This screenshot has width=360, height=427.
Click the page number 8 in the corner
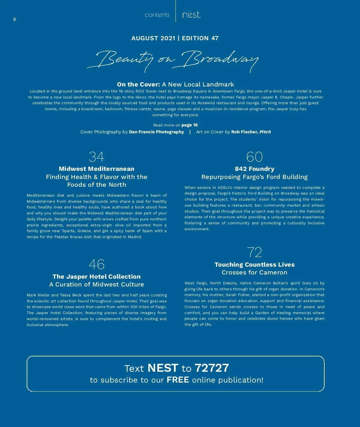(14, 20)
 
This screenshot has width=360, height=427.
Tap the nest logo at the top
(191, 15)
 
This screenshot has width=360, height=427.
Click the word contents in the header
(157, 15)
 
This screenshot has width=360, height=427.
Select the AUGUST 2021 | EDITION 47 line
(175, 38)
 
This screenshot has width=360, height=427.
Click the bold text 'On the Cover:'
(138, 84)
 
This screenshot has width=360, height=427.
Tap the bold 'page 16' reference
(190, 125)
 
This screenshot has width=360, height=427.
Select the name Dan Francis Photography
(156, 132)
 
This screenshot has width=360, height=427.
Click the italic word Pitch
(265, 132)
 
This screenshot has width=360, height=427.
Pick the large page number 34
(96, 157)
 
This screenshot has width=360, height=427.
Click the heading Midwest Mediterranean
(97, 169)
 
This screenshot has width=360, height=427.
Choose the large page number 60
(254, 157)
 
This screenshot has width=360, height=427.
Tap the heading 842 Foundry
(254, 169)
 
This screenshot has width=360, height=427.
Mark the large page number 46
(97, 265)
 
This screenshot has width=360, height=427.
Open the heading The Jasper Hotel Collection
(97, 277)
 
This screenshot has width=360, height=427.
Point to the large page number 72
(254, 253)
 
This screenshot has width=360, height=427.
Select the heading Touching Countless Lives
(254, 265)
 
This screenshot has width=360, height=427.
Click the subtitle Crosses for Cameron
(254, 272)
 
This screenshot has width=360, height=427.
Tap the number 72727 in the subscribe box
(211, 368)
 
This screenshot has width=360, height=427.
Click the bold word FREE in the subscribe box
(178, 380)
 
